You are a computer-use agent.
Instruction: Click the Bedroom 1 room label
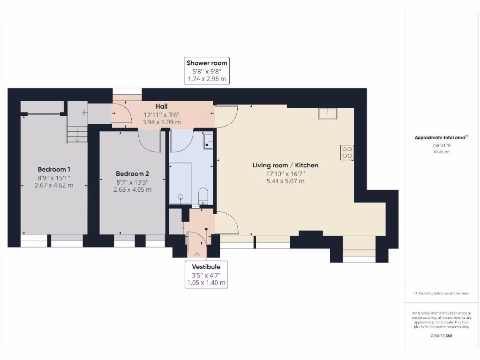(x=54, y=169)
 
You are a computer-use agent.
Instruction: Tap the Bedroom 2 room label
(x=132, y=174)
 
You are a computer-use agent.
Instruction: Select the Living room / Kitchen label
(x=285, y=165)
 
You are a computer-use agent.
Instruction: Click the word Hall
(x=161, y=106)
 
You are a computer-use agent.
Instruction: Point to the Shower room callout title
(x=207, y=63)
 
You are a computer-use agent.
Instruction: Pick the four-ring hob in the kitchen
(x=347, y=153)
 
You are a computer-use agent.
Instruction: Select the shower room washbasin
(x=208, y=141)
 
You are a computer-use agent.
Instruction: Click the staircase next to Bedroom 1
(x=77, y=129)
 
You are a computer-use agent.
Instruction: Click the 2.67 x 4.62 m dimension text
(x=54, y=185)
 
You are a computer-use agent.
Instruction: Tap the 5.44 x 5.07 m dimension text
(x=285, y=181)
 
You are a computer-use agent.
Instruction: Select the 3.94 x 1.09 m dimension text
(x=161, y=122)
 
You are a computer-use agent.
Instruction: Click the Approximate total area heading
(x=440, y=137)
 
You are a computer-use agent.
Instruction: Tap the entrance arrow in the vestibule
(x=196, y=254)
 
